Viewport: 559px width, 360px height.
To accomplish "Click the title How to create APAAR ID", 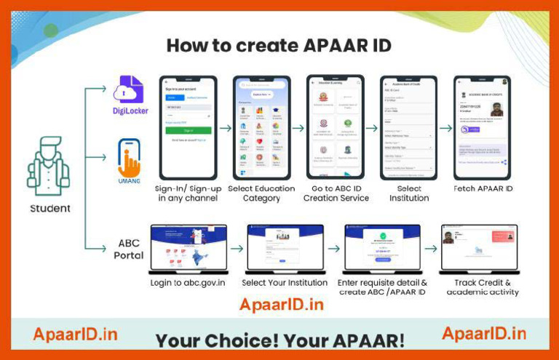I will point(279,46).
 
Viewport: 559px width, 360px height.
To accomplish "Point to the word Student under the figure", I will point(50,209).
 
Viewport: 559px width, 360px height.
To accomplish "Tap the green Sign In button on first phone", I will point(188,130).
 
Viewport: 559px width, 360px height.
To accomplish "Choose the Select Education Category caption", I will point(261,193).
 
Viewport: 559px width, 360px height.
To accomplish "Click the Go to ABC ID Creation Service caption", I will point(336,193).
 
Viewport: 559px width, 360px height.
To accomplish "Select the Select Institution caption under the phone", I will point(409,193).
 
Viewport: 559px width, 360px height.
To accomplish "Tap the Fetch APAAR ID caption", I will point(481,189).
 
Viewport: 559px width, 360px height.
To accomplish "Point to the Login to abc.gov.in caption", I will point(189,282).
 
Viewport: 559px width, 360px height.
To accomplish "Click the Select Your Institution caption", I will point(285,282).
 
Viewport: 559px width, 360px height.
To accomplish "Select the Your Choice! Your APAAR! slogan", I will point(280,340).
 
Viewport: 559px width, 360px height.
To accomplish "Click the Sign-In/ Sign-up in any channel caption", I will point(189,193).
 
